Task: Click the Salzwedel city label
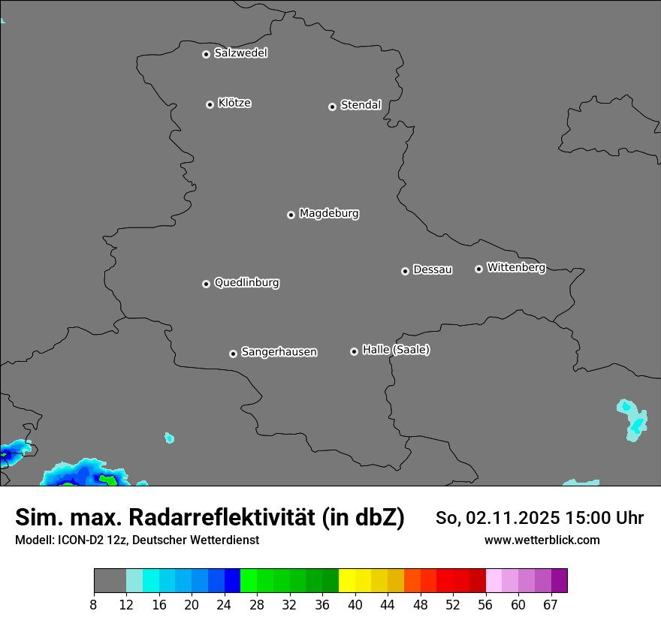[x=240, y=53]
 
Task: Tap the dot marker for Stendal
[x=332, y=107]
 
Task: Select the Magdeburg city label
[x=329, y=214]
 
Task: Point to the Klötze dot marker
[x=210, y=104]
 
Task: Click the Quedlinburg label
[x=246, y=283]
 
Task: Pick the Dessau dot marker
[x=405, y=271]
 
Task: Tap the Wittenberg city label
[x=516, y=267]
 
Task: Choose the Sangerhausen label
[x=279, y=352]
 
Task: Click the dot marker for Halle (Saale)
[x=354, y=351]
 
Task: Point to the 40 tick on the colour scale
[x=355, y=604]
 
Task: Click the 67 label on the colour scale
[x=551, y=604]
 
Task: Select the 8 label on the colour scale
[x=94, y=604]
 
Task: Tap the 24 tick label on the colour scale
[x=225, y=604]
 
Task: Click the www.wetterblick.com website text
[x=542, y=540]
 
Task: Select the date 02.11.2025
[x=508, y=518]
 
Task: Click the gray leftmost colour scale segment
[x=110, y=581]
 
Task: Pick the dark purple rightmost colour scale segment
[x=559, y=581]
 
